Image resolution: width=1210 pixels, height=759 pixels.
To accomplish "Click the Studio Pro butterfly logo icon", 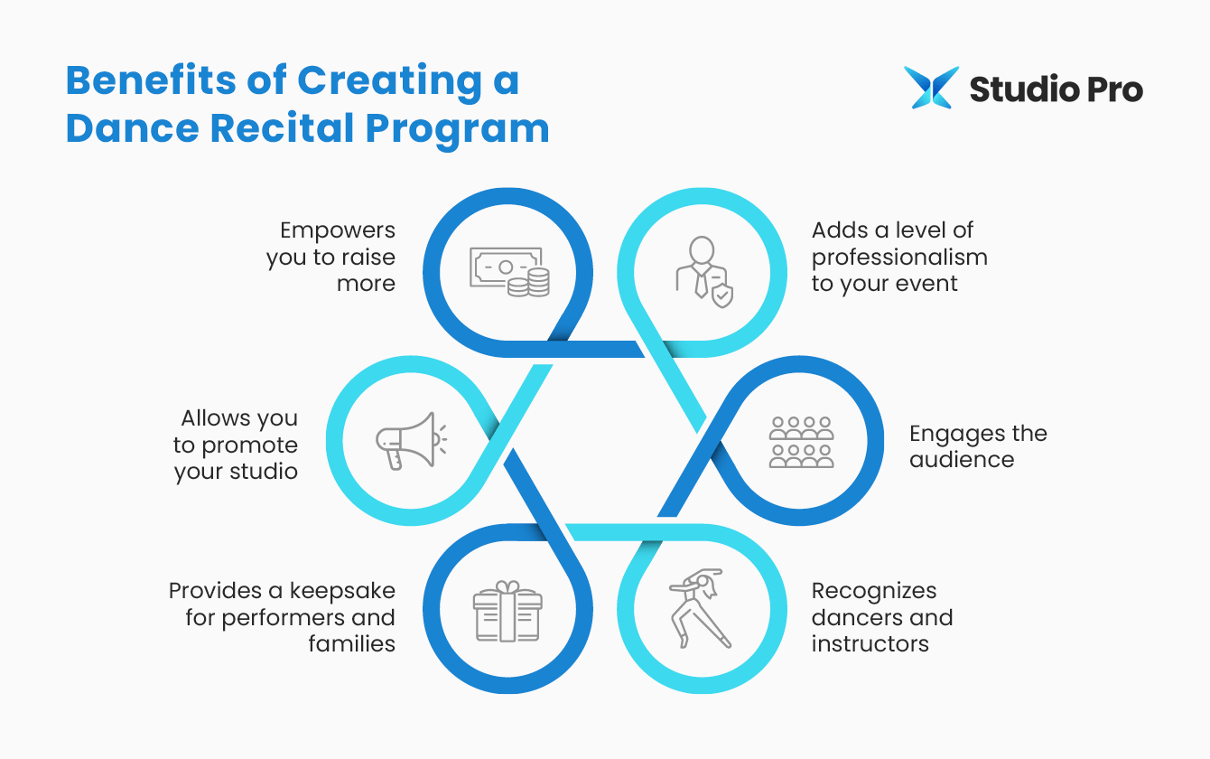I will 931,88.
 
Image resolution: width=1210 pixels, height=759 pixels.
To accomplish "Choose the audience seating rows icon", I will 801,442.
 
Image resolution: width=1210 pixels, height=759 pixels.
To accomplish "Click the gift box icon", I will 507,611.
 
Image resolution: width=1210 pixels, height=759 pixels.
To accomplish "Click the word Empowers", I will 338,230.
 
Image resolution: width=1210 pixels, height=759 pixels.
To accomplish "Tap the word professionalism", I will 899,258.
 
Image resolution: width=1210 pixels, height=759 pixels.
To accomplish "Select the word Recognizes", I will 874,591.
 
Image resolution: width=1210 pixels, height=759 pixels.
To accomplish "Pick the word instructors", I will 870,644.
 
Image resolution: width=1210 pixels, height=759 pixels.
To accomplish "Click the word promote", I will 249,445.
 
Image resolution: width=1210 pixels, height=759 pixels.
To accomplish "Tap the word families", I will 351,644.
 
